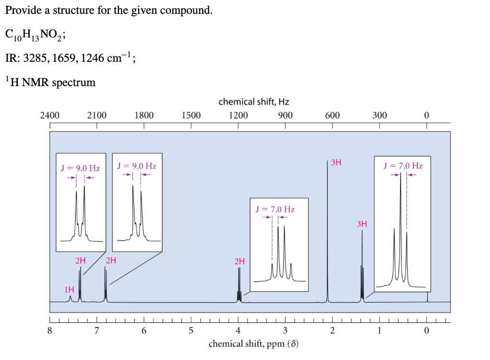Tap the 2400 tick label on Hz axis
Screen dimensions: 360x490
coord(50,115)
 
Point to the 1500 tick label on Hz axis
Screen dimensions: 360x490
coord(191,115)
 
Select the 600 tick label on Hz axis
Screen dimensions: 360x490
coord(333,115)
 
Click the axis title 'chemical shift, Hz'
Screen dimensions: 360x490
coord(254,101)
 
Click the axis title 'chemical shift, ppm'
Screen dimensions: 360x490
coord(254,344)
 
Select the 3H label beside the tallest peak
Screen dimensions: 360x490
coord(336,163)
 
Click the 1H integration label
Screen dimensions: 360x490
coord(69,289)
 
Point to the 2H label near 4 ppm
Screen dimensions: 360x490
coord(240,261)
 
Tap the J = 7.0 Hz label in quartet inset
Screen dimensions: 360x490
coord(275,209)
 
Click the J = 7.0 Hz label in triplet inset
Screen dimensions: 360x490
coord(403,166)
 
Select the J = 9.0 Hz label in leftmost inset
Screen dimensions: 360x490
coord(80,168)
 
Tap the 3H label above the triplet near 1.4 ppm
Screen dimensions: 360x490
coord(362,224)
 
